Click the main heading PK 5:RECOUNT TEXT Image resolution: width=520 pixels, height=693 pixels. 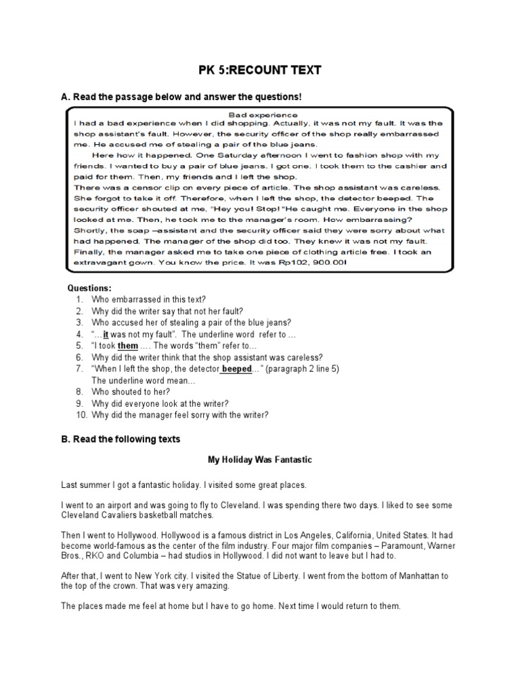tap(259, 70)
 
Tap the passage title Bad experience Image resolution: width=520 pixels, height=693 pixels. tap(259, 114)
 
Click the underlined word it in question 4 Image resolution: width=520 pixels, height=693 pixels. tap(106, 334)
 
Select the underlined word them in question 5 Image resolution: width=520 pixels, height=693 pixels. tap(128, 346)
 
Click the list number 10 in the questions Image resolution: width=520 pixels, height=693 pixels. tap(79, 415)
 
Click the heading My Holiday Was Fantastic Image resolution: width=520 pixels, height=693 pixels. tap(259, 460)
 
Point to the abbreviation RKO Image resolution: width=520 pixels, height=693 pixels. tap(93, 556)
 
